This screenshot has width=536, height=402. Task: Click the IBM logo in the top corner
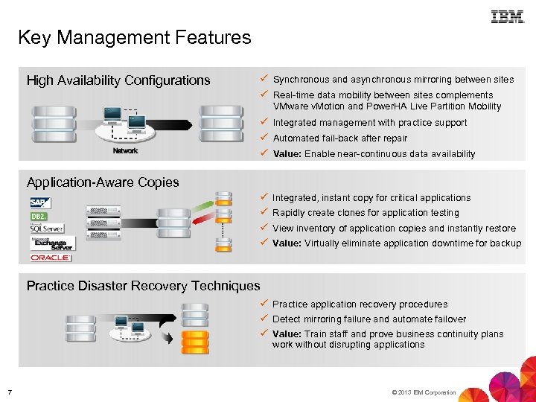pyautogui.click(x=508, y=16)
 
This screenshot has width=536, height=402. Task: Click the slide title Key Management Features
pyautogui.click(x=135, y=37)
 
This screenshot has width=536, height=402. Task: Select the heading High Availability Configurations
pyautogui.click(x=118, y=80)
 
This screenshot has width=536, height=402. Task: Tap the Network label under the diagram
pyautogui.click(x=125, y=151)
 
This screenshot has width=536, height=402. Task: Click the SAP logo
pyautogui.click(x=41, y=202)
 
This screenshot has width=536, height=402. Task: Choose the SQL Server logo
pyautogui.click(x=47, y=229)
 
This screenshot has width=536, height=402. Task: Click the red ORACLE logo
pyautogui.click(x=51, y=258)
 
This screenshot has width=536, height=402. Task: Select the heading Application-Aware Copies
pyautogui.click(x=103, y=182)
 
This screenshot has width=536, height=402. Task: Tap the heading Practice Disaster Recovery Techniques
pyautogui.click(x=144, y=286)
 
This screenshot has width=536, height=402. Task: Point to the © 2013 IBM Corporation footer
pyautogui.click(x=422, y=392)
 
